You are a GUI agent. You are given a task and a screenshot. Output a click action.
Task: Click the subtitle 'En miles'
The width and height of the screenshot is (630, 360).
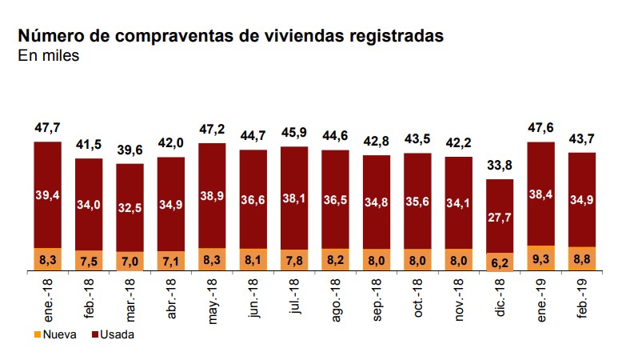pyautogui.click(x=48, y=56)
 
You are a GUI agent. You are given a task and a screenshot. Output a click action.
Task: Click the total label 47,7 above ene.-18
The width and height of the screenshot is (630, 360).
pyautogui.click(x=48, y=127)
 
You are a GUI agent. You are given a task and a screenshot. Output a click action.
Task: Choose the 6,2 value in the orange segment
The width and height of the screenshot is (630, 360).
pyautogui.click(x=499, y=261)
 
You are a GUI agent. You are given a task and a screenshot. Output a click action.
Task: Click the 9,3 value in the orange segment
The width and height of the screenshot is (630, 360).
pyautogui.click(x=540, y=259)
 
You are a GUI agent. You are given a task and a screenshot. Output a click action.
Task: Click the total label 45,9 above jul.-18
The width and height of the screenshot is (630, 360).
pyautogui.click(x=294, y=132)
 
